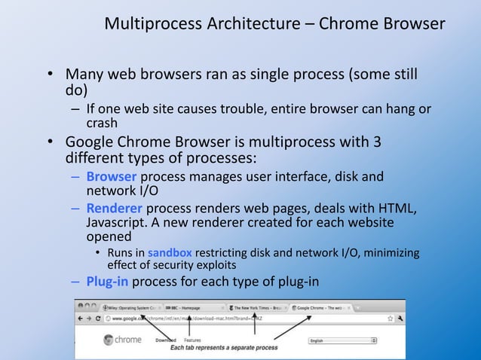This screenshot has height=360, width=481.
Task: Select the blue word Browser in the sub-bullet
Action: (x=111, y=177)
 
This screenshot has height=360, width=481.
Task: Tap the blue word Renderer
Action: (x=114, y=208)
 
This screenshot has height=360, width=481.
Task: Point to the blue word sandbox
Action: (x=170, y=253)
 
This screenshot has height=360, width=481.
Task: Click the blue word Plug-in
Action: (x=110, y=282)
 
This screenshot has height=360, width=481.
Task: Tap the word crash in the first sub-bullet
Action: (x=102, y=123)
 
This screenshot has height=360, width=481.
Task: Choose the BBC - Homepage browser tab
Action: (x=180, y=308)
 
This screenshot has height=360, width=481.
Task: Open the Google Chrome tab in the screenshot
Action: (x=324, y=308)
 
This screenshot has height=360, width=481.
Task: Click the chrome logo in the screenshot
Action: (x=121, y=340)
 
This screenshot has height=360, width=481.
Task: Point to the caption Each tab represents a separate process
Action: (x=223, y=348)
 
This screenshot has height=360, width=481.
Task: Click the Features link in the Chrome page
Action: (x=191, y=340)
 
